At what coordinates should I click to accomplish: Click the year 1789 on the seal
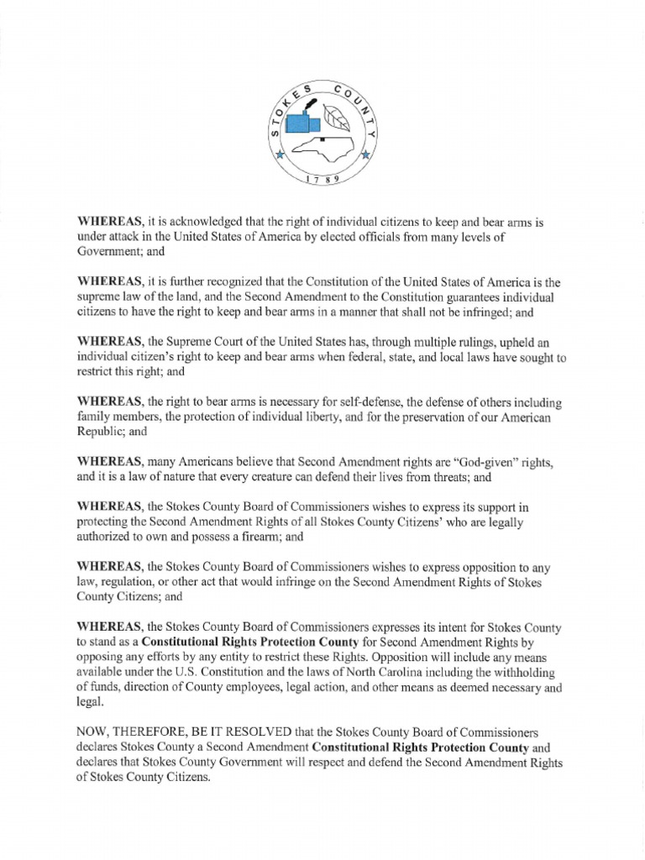(x=322, y=180)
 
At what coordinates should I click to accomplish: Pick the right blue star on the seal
(x=365, y=155)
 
